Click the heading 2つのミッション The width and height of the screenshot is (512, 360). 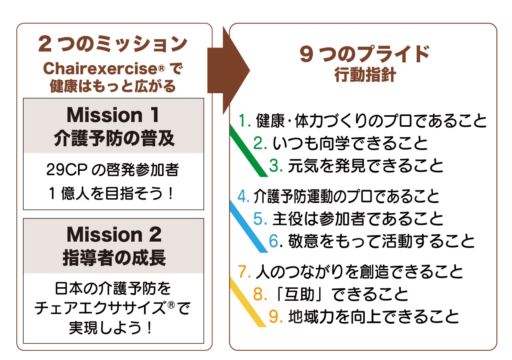tap(113, 44)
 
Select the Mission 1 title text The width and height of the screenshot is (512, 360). tap(113, 115)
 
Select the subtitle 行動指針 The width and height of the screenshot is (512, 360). tap(365, 76)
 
